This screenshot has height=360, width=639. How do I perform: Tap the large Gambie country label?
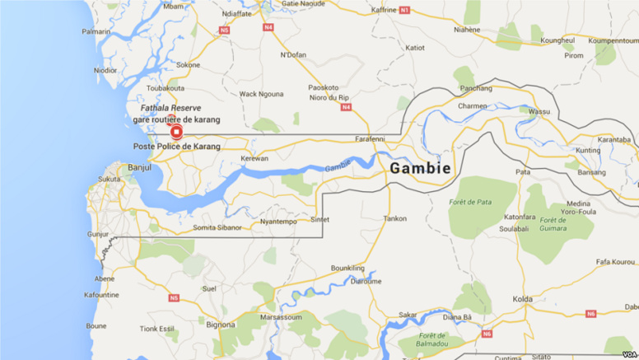(x=420, y=168)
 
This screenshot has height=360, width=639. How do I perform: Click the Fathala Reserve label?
(x=170, y=108)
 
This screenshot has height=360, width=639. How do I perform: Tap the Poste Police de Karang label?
(x=177, y=147)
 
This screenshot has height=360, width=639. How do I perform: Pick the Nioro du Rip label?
(x=329, y=97)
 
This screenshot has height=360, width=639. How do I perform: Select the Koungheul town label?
(x=557, y=40)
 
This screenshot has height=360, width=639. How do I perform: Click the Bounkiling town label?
(x=347, y=268)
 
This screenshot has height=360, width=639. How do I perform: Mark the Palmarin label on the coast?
(x=96, y=31)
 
